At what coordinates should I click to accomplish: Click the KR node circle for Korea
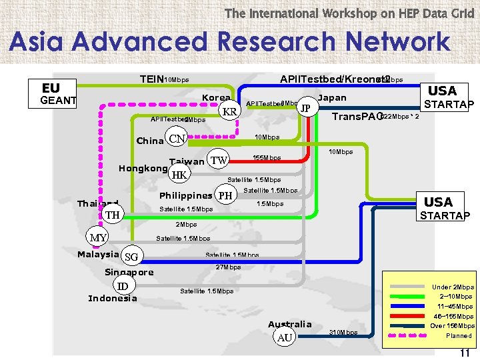pyautogui.click(x=230, y=111)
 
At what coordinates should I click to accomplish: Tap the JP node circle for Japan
pyautogui.click(x=305, y=107)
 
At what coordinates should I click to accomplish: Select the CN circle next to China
pyautogui.click(x=177, y=139)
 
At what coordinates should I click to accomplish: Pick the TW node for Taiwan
pyautogui.click(x=218, y=159)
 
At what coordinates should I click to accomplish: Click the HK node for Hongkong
pyautogui.click(x=179, y=175)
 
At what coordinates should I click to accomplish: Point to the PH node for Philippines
pyautogui.click(x=227, y=196)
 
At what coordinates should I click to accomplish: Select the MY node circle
pyautogui.click(x=99, y=237)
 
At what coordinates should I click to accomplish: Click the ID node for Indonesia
pyautogui.click(x=123, y=286)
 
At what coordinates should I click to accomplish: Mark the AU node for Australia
pyautogui.click(x=285, y=337)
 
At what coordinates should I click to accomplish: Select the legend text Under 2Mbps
pyautogui.click(x=453, y=287)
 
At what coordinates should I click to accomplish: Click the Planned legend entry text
pyautogui.click(x=459, y=336)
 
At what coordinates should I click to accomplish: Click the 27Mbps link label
pyautogui.click(x=228, y=267)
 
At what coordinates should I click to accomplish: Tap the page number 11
pyautogui.click(x=465, y=353)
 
